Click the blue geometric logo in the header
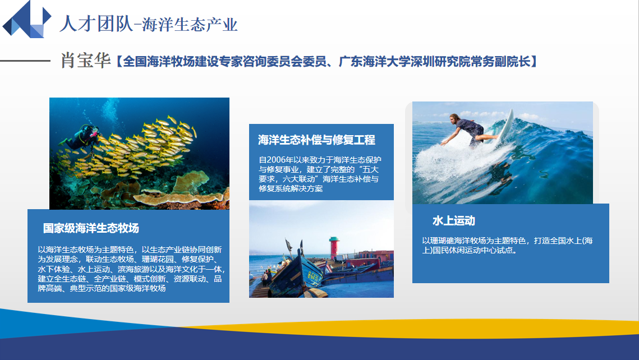[27, 20]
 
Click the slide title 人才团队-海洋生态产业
[149, 24]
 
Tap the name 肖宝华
[86, 60]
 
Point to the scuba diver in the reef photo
[81, 136]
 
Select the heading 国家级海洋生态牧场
[91, 228]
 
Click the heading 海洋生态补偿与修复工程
[316, 140]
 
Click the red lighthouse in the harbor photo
[334, 247]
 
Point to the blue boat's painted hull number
[314, 276]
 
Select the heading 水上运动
[453, 221]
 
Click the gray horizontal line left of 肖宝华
[25, 61]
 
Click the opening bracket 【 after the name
[118, 62]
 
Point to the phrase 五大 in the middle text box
[370, 169]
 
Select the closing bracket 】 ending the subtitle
[535, 62]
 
